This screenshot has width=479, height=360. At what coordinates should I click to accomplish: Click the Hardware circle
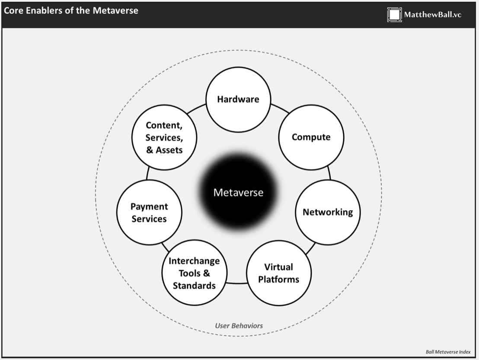pos(238,100)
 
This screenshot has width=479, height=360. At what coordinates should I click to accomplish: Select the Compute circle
pos(311,137)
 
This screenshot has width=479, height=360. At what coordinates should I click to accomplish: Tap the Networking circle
pos(327,212)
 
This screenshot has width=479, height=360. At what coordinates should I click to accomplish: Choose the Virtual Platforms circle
pos(278,273)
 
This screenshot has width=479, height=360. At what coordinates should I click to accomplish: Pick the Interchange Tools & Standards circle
pos(194,273)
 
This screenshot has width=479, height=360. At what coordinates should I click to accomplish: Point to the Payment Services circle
pos(149,212)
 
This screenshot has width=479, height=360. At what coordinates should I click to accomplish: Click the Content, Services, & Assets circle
pos(164,138)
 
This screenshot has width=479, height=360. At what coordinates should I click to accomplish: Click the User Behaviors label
pos(239,325)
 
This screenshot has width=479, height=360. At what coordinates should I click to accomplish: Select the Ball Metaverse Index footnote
pos(448,352)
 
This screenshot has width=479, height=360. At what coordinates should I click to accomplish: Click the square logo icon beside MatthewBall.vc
pos(394,15)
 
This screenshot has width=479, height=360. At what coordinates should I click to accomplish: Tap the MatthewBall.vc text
pos(433,15)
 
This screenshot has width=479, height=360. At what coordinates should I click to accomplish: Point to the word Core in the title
pos(13,10)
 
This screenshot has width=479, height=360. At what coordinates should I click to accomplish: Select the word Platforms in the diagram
pos(278,279)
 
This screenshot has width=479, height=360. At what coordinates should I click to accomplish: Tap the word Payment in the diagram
pos(149,206)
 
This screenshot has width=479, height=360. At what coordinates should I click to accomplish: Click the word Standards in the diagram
pos(194,286)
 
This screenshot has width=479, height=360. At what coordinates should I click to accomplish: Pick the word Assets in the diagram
pos(169,150)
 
